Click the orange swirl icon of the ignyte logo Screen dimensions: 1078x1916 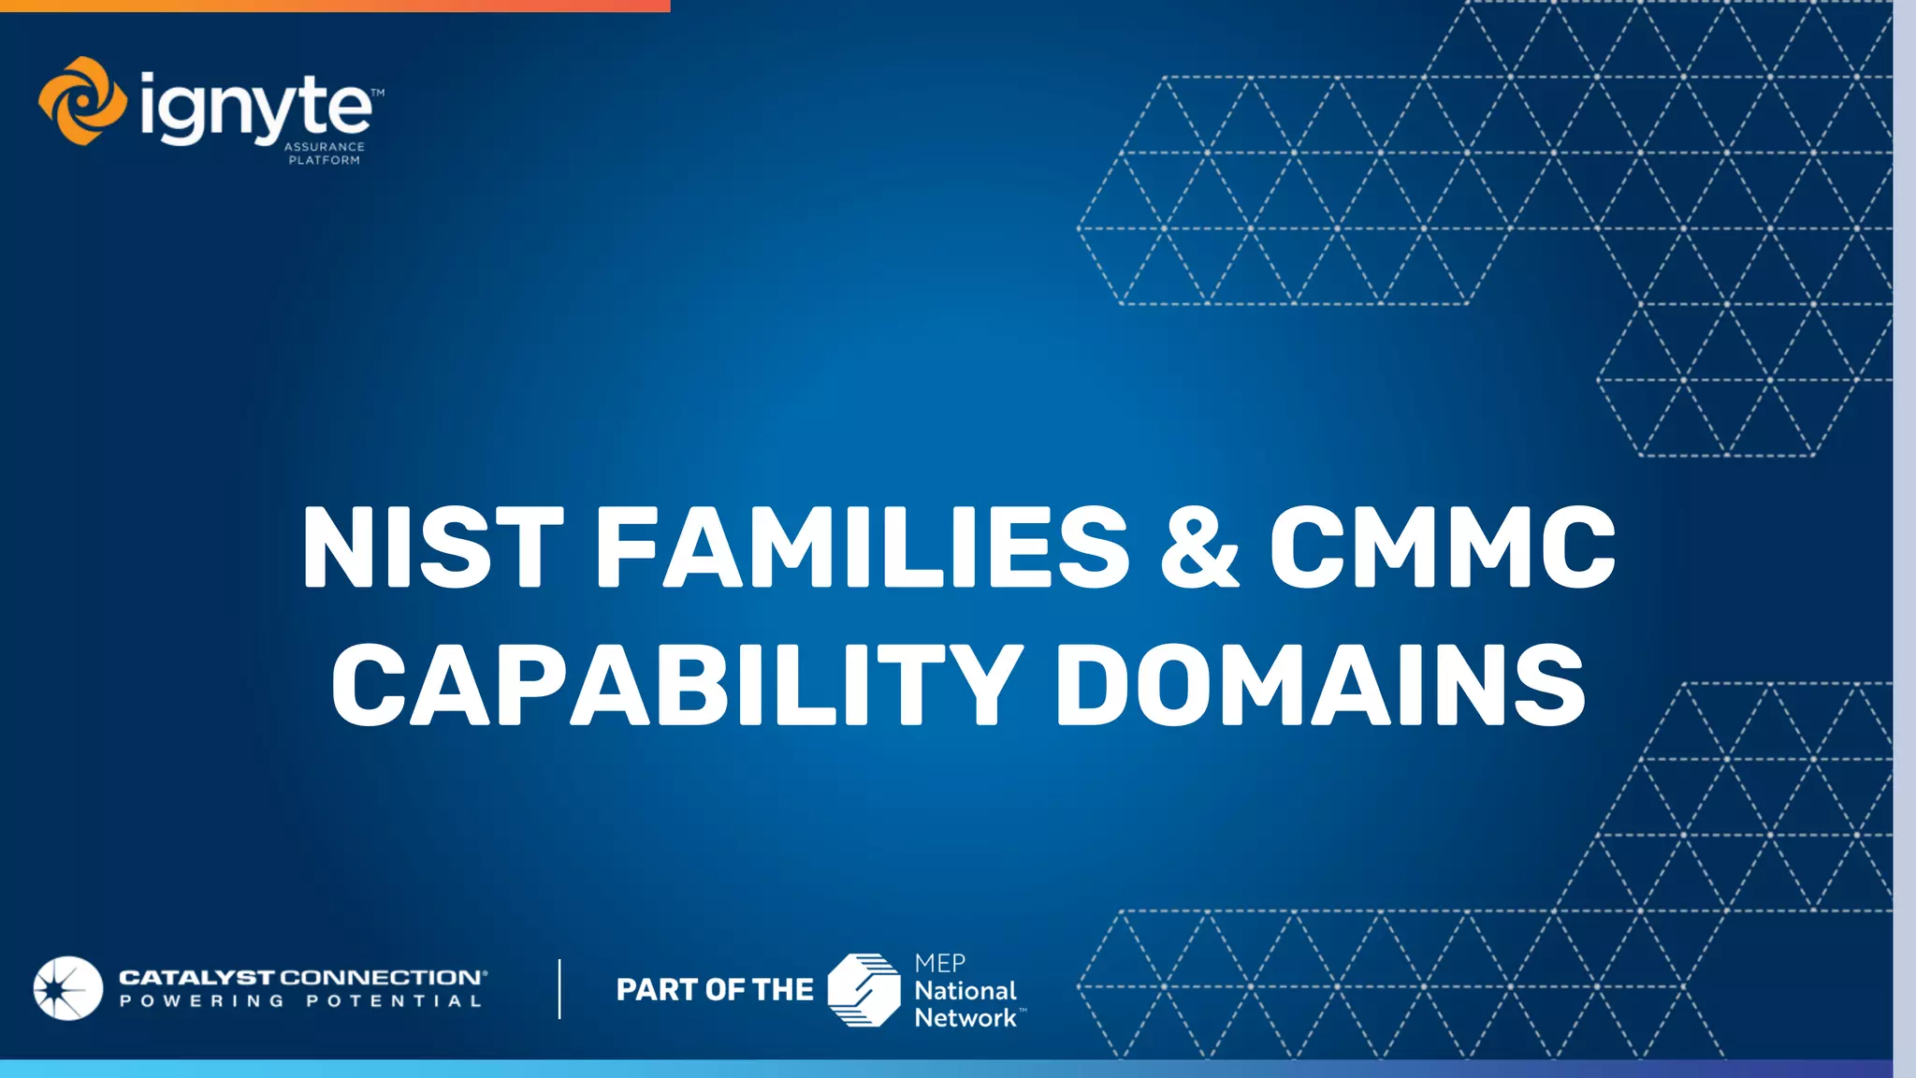click(82, 101)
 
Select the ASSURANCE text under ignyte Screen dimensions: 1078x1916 click(325, 147)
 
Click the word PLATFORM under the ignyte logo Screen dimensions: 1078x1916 click(325, 160)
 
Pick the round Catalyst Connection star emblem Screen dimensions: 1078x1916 click(67, 988)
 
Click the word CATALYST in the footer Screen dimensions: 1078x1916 click(196, 978)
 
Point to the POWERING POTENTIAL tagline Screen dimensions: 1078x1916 click(300, 1001)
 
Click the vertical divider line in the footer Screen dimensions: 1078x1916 click(559, 988)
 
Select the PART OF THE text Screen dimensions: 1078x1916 click(715, 989)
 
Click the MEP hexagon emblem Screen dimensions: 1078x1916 click(864, 989)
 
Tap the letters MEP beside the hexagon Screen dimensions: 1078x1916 click(939, 963)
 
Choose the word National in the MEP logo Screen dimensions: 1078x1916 click(965, 990)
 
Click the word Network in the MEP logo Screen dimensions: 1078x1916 click(965, 1017)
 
